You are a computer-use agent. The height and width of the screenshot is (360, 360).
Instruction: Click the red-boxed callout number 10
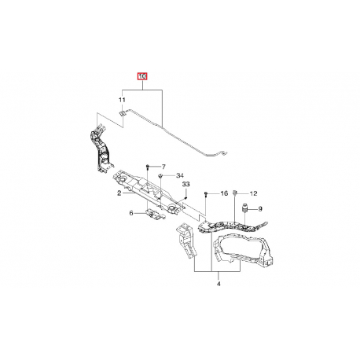point(143,76)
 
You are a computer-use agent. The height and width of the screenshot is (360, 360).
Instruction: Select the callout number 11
point(122,100)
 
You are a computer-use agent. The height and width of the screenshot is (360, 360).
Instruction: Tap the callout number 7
point(163,167)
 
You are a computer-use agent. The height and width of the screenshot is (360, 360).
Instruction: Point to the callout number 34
point(180,175)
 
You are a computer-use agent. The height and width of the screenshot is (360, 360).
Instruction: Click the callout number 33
point(186,185)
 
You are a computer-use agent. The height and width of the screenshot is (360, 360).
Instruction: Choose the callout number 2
point(119,193)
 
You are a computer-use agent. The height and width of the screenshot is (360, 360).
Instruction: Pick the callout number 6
point(131,213)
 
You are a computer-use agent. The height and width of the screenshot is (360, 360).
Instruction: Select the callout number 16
point(224,193)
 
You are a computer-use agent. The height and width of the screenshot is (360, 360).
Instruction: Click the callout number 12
point(253,193)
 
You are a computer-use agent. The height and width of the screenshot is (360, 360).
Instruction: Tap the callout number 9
point(260,209)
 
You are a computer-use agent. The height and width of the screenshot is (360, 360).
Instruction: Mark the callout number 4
point(219,284)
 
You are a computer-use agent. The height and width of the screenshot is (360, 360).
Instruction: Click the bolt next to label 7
point(148,167)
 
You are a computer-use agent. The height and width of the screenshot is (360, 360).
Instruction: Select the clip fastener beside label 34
point(160,175)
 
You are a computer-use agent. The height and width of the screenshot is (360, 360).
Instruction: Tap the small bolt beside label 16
point(206,194)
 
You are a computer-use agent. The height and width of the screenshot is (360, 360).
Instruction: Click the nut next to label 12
point(235,193)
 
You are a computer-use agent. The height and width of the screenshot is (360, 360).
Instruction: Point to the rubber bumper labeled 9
point(244,208)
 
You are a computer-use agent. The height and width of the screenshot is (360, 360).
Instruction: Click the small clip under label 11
point(122,113)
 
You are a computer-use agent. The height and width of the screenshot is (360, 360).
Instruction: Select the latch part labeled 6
point(155,215)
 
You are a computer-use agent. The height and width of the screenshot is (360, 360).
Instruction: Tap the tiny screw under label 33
point(186,198)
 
